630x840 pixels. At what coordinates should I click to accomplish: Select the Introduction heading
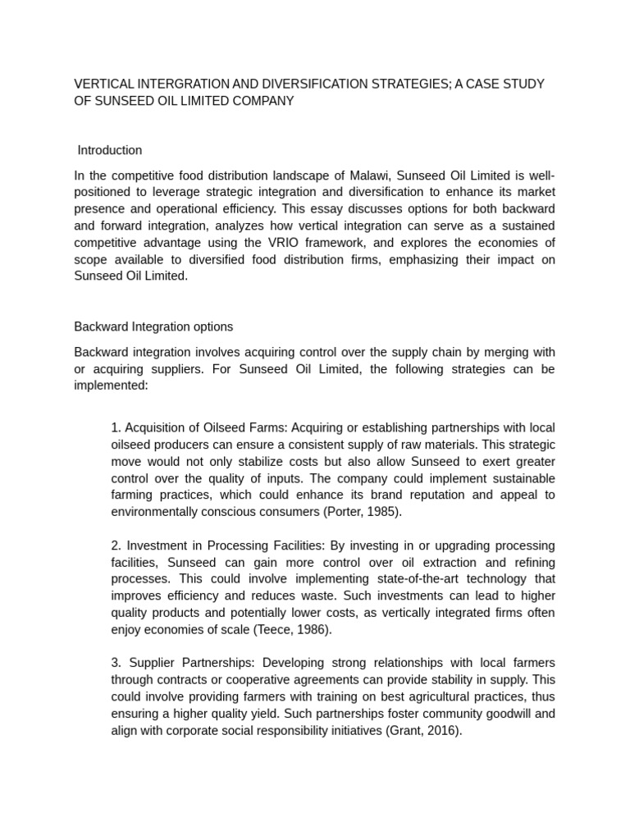(x=109, y=150)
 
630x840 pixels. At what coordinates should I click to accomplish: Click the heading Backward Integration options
(x=153, y=326)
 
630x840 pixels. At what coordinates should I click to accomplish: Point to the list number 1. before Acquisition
(x=116, y=428)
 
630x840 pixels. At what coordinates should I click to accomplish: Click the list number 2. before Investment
(x=116, y=546)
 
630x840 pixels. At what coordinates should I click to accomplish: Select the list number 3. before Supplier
(x=116, y=663)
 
